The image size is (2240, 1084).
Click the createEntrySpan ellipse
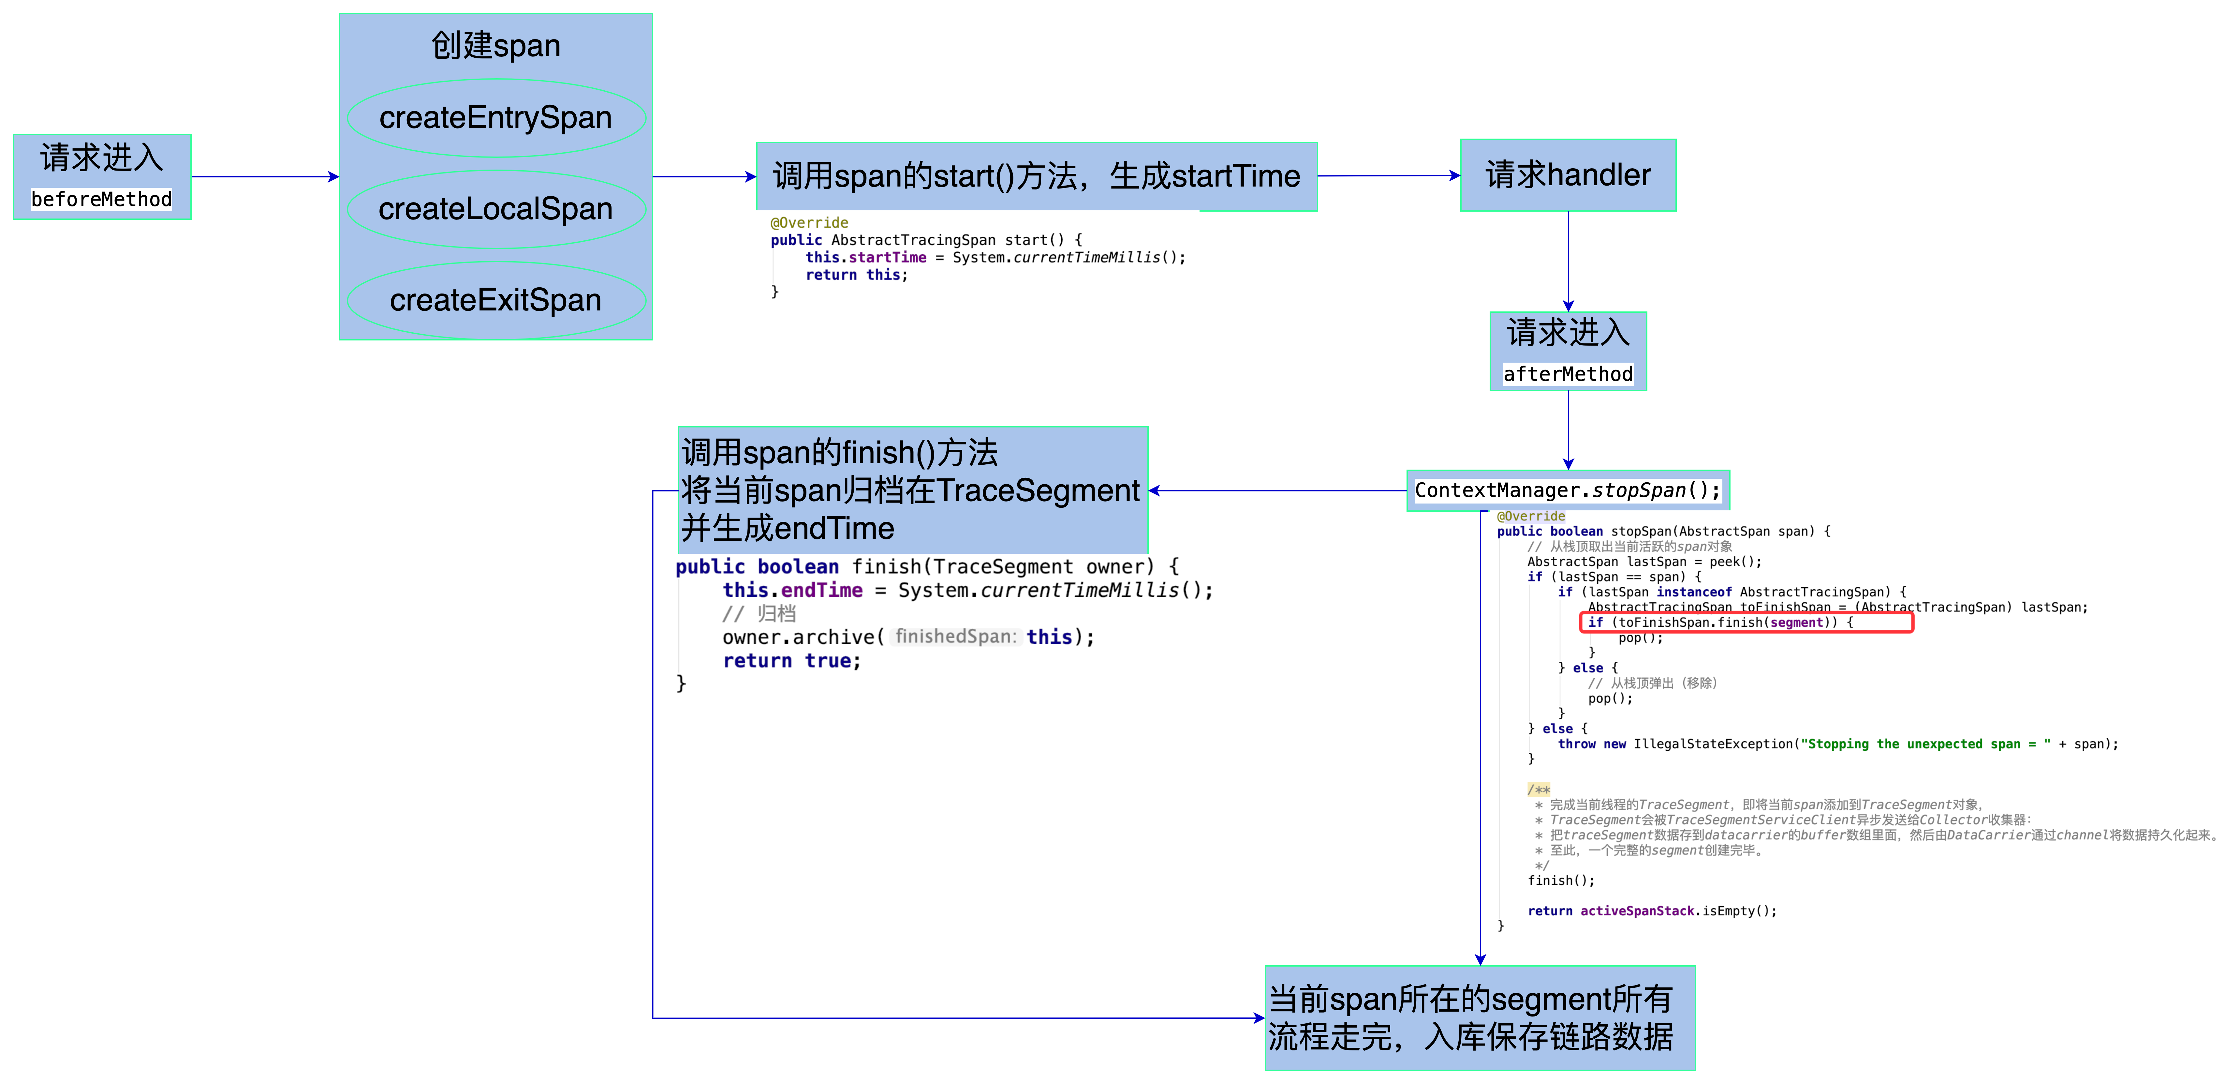[x=496, y=117]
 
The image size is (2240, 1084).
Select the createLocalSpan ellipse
[x=496, y=209]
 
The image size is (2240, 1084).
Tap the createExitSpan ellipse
[x=496, y=300]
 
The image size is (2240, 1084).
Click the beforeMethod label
[x=102, y=199]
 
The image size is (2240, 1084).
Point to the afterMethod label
[x=1568, y=374]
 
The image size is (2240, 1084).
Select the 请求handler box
[x=1568, y=175]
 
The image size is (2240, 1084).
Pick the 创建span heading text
[x=496, y=45]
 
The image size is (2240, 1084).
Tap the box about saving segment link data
[x=1479, y=1018]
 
